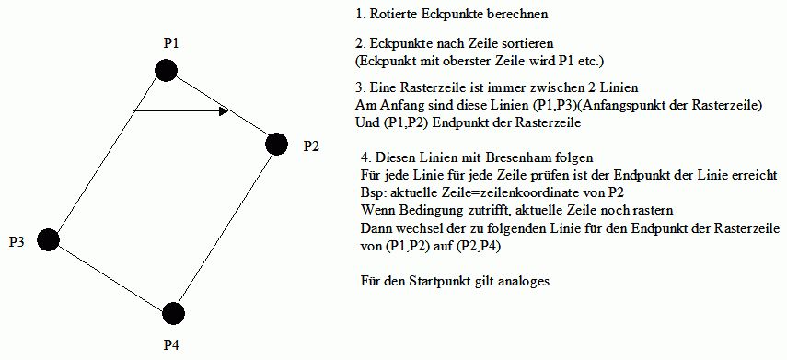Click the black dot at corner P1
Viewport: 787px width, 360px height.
click(166, 70)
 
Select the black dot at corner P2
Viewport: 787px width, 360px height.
click(276, 145)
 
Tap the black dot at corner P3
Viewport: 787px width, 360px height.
click(48, 239)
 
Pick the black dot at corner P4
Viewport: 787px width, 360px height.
click(174, 313)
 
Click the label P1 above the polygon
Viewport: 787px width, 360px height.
click(171, 43)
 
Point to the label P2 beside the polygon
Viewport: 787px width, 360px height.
click(311, 146)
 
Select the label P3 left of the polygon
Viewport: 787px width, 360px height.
click(17, 242)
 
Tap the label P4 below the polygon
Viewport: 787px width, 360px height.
click(171, 345)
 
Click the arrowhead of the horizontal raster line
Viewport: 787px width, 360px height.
click(224, 110)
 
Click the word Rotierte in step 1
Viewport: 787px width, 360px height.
click(388, 15)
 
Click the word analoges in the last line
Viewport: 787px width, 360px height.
click(525, 282)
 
